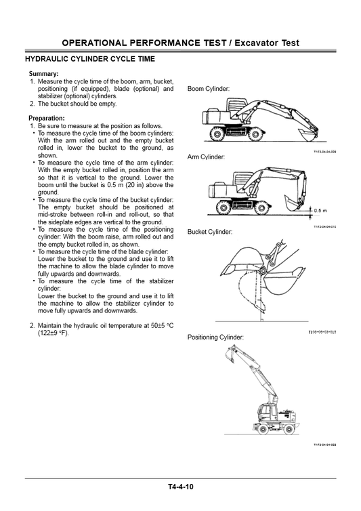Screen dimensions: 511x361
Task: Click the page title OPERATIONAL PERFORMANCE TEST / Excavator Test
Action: tap(180, 43)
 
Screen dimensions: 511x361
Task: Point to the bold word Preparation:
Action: tap(47, 118)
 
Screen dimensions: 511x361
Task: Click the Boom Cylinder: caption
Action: tap(209, 89)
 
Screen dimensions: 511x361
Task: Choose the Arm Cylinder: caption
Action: tap(206, 157)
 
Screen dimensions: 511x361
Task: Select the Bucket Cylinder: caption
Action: tap(209, 232)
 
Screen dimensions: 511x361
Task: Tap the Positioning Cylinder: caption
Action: tap(215, 337)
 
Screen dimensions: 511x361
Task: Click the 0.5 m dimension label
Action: tap(320, 210)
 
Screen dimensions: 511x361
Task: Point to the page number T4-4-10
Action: tap(181, 487)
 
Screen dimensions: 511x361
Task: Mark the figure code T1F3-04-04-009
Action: tap(324, 152)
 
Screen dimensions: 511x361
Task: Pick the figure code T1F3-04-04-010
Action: tap(324, 226)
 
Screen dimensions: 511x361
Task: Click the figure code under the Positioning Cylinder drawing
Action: tap(324, 445)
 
